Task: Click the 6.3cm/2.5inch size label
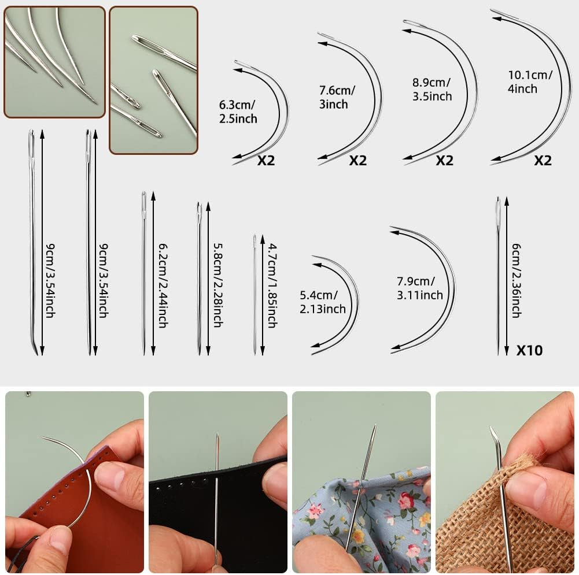point(238,112)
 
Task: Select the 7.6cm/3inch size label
point(337,97)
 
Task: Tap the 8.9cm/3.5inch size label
point(432,89)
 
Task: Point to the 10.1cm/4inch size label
point(530,81)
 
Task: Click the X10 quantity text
point(529,350)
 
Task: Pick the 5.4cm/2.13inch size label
point(322,302)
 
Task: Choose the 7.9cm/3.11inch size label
point(419,288)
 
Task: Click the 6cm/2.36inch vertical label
point(516,280)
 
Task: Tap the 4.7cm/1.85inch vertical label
point(272,285)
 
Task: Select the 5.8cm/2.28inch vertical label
point(217,285)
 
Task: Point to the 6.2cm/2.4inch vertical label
point(163,285)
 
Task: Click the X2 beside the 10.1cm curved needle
point(543,160)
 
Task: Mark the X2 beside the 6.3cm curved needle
point(266,160)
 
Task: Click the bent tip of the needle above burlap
point(493,433)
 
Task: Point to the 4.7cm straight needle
point(255,295)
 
